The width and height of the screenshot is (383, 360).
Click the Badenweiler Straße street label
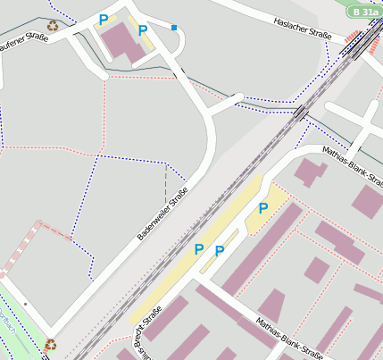[x=162, y=215]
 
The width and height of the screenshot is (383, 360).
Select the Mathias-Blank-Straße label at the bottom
[x=288, y=339]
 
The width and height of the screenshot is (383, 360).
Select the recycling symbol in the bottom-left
[x=51, y=343]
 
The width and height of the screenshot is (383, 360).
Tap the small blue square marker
[x=174, y=28]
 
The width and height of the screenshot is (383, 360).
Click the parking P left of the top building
[x=104, y=20]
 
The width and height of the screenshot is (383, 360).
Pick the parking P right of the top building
[x=143, y=30]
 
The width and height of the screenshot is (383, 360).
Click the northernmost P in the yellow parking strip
[x=263, y=208]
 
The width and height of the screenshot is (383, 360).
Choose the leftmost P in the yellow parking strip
[x=199, y=249]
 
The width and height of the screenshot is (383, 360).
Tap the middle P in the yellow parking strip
[x=219, y=251]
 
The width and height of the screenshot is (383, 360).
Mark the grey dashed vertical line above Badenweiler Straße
[x=165, y=183]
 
